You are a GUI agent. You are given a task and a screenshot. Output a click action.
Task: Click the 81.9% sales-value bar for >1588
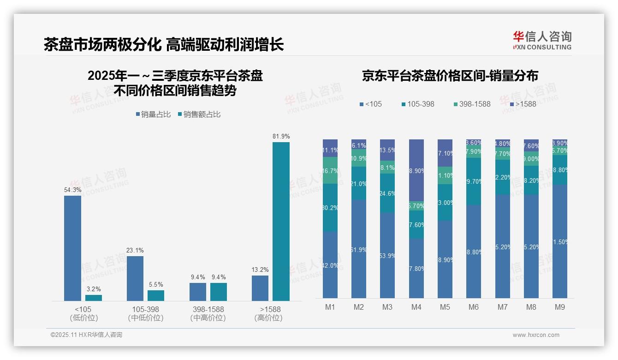(281, 222)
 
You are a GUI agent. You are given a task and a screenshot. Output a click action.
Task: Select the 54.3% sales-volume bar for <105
(72, 248)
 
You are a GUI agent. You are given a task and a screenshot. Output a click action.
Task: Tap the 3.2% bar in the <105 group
(94, 298)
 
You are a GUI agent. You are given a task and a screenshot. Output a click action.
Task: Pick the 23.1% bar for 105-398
(135, 278)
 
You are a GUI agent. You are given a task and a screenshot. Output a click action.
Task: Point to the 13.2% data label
(260, 270)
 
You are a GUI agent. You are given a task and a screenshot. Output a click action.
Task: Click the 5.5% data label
(156, 284)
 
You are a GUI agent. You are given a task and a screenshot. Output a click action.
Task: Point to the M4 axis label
(416, 307)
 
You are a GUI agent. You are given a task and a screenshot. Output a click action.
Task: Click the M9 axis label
(559, 307)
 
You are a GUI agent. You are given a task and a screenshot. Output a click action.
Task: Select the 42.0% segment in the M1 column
(330, 264)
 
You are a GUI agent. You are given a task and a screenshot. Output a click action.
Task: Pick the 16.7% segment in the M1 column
(330, 170)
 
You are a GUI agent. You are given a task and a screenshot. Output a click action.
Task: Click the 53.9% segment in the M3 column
(387, 255)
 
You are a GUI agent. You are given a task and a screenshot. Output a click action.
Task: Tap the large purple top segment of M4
(416, 170)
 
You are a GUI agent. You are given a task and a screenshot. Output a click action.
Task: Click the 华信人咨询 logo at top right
(542, 40)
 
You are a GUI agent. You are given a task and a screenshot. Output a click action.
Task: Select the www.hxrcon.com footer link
(536, 335)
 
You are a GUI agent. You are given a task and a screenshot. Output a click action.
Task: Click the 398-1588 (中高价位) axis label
(208, 313)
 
